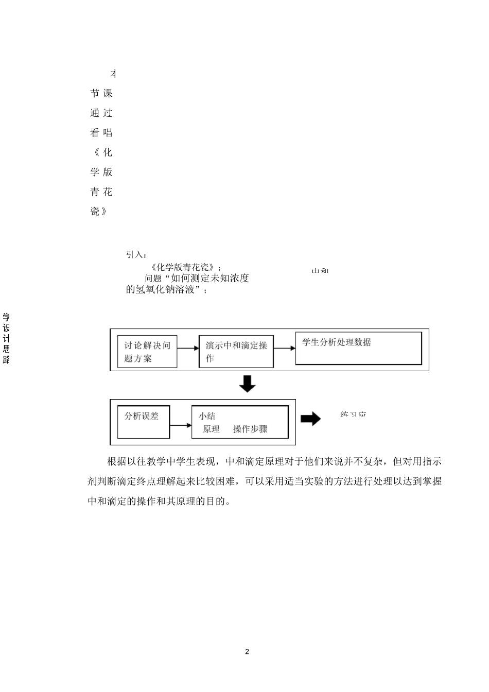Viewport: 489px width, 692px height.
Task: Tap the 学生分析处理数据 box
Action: [358, 348]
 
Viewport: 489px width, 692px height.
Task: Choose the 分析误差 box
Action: [143, 423]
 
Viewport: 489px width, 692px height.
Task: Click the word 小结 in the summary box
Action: [207, 416]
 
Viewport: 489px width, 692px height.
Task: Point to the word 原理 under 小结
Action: [211, 429]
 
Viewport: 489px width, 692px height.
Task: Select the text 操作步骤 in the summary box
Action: [250, 429]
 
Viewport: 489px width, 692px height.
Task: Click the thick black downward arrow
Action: [247, 384]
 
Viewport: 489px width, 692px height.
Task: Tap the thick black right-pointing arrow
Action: [310, 419]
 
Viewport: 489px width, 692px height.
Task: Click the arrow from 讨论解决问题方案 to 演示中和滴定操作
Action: [188, 349]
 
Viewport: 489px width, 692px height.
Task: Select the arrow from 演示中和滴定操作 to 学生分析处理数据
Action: [284, 348]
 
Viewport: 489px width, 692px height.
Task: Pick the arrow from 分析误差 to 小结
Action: [180, 425]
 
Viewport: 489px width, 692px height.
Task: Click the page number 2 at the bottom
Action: [247, 651]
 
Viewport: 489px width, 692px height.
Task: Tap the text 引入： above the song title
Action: [136, 254]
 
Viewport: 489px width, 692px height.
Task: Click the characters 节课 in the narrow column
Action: [101, 93]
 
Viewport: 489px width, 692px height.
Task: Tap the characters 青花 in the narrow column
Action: [101, 192]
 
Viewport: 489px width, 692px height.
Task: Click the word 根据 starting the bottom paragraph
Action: [115, 461]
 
